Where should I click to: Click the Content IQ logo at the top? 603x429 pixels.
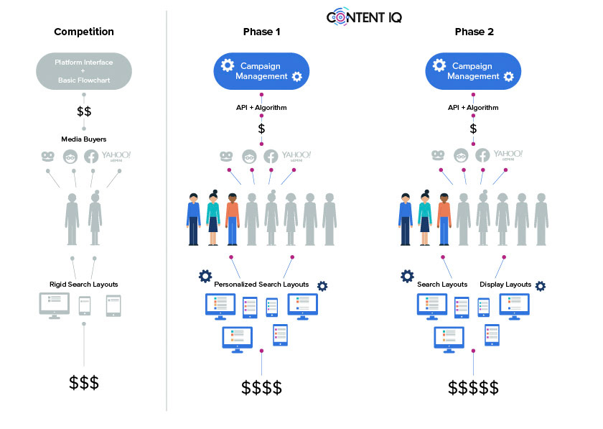click(x=364, y=17)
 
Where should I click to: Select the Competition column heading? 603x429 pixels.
click(x=84, y=32)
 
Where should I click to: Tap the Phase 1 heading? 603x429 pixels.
click(x=261, y=32)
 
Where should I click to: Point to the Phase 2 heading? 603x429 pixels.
click(x=474, y=32)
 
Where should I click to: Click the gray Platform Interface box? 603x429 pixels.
click(x=84, y=71)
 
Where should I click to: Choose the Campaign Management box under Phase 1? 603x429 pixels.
click(x=261, y=70)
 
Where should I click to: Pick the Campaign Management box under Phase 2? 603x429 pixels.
click(x=474, y=70)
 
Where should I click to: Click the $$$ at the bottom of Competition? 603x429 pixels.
click(x=84, y=382)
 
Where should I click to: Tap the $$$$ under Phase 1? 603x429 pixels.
click(x=261, y=388)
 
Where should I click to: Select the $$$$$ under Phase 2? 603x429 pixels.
click(x=474, y=388)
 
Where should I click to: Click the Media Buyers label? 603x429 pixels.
click(x=84, y=138)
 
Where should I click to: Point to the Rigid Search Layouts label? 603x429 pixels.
click(x=84, y=284)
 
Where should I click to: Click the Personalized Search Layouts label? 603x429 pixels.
click(x=261, y=285)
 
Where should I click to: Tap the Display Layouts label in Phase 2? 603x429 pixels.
click(x=505, y=285)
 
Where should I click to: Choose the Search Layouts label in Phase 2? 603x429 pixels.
click(x=442, y=285)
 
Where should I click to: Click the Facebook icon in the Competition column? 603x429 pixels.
click(x=91, y=157)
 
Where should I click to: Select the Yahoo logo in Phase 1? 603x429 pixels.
click(x=296, y=156)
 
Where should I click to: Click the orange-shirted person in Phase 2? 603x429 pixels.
click(x=444, y=218)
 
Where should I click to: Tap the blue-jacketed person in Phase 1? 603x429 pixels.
click(x=193, y=218)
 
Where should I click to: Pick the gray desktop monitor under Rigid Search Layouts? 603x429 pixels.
click(x=55, y=306)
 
